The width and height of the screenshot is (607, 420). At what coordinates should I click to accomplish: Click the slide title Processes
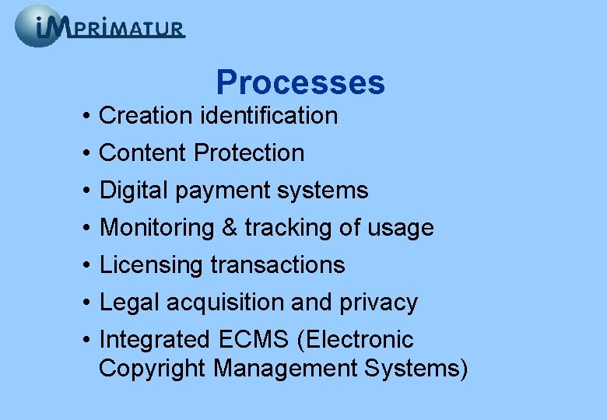300,82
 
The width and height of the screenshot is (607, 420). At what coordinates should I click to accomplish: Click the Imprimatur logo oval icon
37,26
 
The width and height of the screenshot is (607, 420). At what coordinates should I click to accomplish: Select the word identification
268,116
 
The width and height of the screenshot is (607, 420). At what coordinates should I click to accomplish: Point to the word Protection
249,153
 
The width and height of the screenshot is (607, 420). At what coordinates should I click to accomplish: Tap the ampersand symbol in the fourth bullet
230,228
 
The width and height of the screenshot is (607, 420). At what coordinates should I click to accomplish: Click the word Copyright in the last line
153,368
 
